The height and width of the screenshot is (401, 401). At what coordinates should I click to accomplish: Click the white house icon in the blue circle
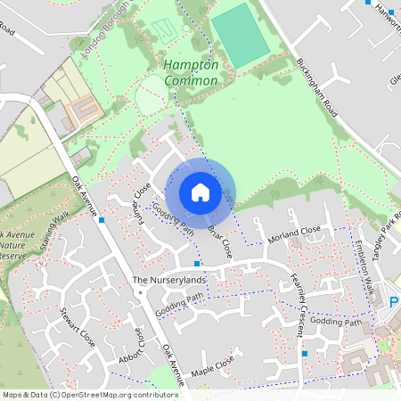(200, 192)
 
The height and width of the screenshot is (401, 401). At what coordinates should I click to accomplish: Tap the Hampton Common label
(191, 73)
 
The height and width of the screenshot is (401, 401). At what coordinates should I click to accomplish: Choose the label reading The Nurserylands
(169, 280)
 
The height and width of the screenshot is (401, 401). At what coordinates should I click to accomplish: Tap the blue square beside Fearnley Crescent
(306, 354)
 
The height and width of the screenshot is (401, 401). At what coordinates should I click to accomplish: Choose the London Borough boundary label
(106, 31)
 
